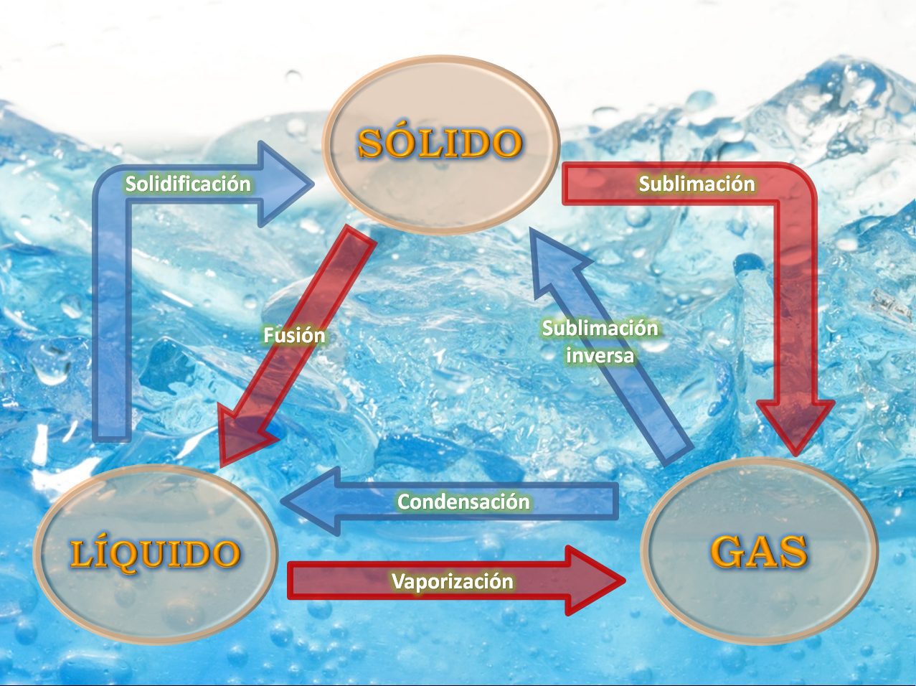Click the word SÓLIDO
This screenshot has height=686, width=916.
click(440, 142)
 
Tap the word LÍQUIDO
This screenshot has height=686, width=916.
click(155, 553)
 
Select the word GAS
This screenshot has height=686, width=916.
click(759, 551)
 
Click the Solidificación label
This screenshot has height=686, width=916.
click(188, 184)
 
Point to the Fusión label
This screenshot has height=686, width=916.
click(294, 336)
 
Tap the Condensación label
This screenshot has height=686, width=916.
click(463, 501)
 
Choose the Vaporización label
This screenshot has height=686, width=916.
click(453, 581)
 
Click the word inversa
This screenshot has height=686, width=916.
click(600, 355)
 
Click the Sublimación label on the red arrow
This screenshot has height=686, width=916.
click(697, 184)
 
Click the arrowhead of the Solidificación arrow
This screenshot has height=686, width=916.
click(284, 184)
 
